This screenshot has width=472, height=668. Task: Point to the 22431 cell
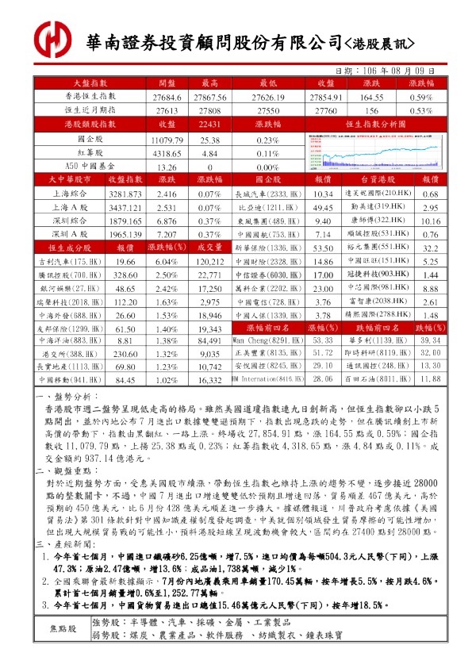click(x=209, y=125)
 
